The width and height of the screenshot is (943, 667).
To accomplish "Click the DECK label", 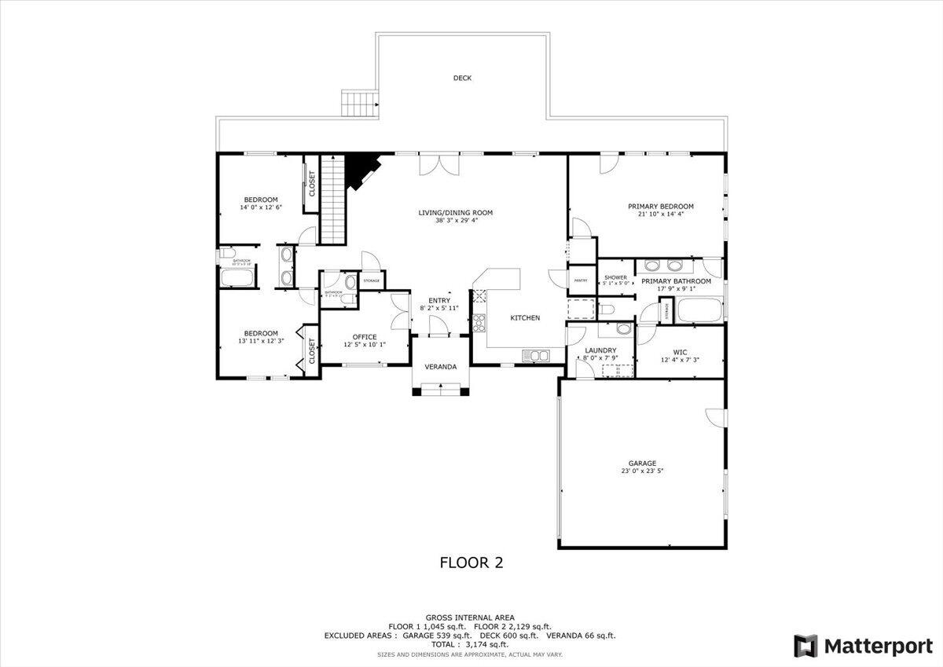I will coord(462,78).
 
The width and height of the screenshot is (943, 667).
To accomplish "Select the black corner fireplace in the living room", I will coord(361,170).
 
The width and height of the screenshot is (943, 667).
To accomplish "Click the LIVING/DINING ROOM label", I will coord(465,212).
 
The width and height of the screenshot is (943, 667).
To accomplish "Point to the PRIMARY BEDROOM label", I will coord(660,207).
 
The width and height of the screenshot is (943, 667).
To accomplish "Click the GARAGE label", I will coord(641,464).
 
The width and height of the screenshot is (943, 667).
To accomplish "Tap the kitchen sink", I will coord(536,356).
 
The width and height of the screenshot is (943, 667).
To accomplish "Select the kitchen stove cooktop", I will coord(479,322).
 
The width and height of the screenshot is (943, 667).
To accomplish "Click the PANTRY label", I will coord(581,280).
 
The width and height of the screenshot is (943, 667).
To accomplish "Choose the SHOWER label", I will coord(615,277).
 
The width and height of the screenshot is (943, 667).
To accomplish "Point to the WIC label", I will coord(680,352).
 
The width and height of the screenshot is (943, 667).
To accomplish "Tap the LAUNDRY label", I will coord(600,350).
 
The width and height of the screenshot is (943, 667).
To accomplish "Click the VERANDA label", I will coord(441,367).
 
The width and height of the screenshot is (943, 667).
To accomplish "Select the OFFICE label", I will coord(365,337).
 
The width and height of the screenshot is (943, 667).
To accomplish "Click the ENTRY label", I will coord(439,300).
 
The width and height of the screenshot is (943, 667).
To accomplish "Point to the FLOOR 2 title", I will coord(471,563).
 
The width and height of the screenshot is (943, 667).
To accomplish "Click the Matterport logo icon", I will coord(805,646).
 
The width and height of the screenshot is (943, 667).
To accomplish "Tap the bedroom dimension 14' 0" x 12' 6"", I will coord(260,208).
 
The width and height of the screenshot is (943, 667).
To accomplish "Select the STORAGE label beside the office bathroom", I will coord(371,280).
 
